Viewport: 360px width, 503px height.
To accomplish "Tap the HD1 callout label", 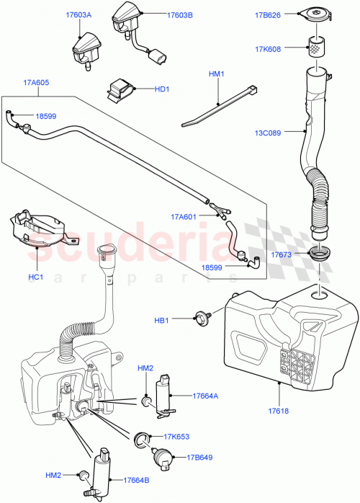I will point(161,89).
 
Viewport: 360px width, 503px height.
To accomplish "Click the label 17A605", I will point(35,84).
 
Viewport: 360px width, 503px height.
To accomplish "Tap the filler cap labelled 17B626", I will point(315,16).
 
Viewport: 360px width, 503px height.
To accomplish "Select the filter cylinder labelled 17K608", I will point(315,48).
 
